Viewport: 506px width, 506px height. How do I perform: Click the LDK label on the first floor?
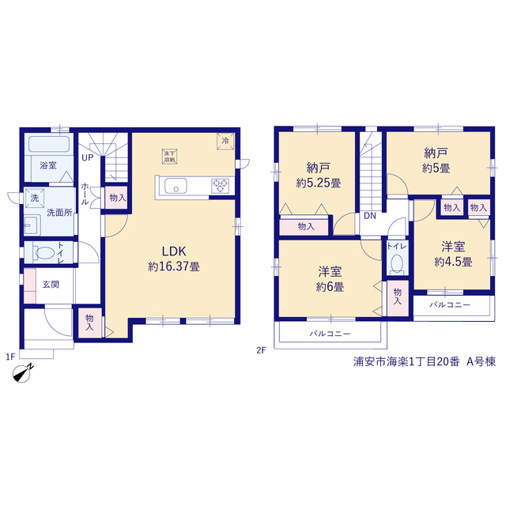pos(174,251)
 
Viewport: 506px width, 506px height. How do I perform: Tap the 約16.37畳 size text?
pos(174,266)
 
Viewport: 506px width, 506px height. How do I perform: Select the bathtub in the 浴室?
pos(49,144)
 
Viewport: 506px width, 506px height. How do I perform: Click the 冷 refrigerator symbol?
pos(225,141)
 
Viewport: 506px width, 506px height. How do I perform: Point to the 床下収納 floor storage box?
pos(170,157)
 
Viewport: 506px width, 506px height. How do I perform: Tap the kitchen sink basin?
pos(176,187)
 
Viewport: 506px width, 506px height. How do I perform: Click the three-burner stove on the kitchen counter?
pos(220,187)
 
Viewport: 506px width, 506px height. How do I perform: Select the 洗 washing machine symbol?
pos(35,198)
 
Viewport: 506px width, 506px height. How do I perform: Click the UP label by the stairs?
pos(87,158)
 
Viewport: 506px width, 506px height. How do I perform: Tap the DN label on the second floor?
pos(370,216)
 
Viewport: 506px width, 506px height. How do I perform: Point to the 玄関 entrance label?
pos(51,285)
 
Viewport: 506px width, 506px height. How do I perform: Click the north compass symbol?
pos(22,374)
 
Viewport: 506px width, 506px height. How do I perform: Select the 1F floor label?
pos(10,357)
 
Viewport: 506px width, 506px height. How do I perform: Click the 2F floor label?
pos(261,350)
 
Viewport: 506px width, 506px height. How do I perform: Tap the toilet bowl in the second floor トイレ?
pos(397,264)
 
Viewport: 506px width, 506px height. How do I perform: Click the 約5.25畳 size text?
pos(319,183)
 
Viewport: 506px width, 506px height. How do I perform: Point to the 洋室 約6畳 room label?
pos(330,279)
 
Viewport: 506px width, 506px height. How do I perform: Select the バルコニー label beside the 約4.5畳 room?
pos(450,304)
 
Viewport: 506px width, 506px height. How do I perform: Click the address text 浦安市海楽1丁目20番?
pos(406,361)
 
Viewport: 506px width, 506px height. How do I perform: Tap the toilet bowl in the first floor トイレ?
pos(45,253)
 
